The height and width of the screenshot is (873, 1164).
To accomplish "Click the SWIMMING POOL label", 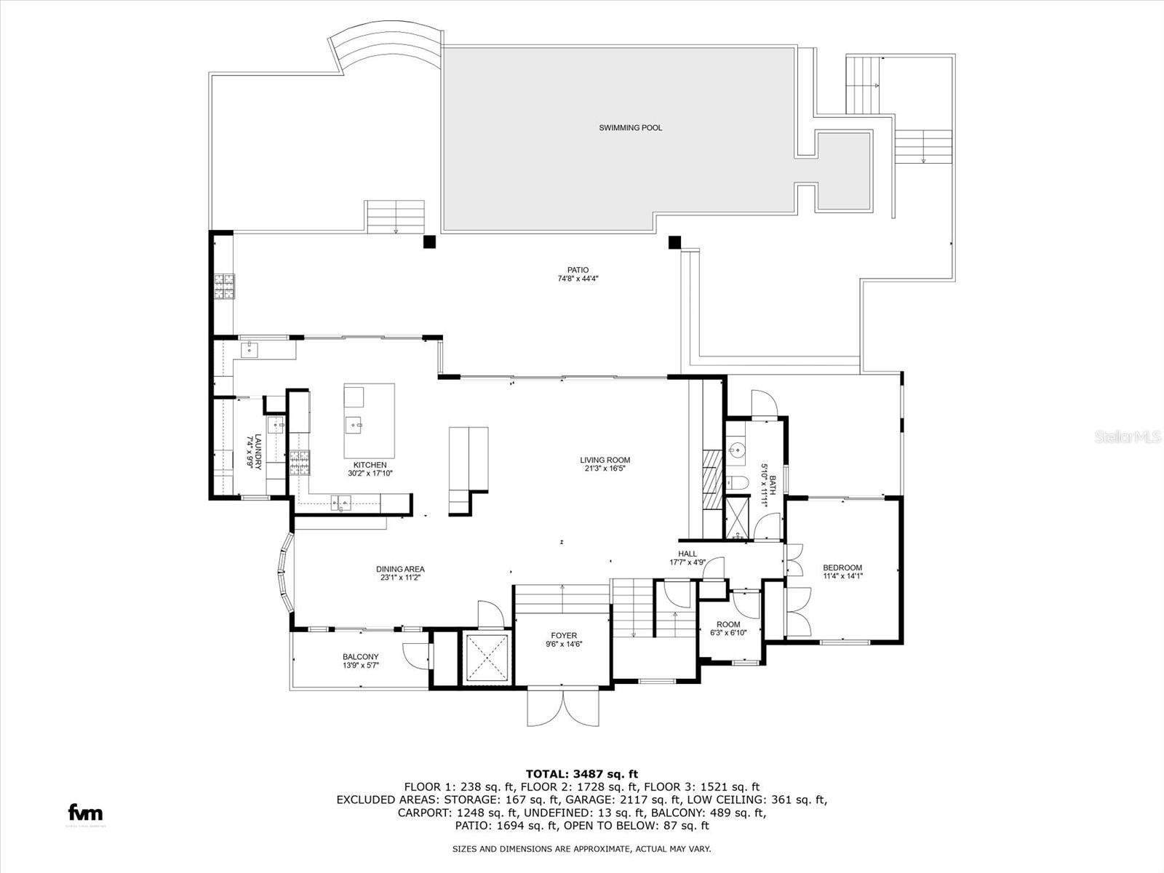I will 630,128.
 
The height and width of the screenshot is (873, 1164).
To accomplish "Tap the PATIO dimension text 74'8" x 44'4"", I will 578,278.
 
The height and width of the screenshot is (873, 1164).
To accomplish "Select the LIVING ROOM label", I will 605,460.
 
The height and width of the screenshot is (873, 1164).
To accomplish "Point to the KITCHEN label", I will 370,465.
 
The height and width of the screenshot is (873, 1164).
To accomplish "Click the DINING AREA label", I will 400,569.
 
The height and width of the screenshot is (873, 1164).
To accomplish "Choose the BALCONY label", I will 361,656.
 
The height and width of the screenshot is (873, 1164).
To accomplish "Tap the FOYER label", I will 564,635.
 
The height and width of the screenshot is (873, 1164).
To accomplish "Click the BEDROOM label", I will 842,568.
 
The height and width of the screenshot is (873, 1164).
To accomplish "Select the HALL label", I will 687,554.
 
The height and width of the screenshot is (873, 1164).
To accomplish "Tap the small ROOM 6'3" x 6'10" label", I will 728,624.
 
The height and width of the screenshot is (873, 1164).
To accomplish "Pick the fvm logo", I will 85,813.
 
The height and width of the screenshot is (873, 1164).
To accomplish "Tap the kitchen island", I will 370,420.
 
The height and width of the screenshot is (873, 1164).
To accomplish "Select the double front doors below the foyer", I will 564,706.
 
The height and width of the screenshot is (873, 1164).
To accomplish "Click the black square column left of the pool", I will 430,241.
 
